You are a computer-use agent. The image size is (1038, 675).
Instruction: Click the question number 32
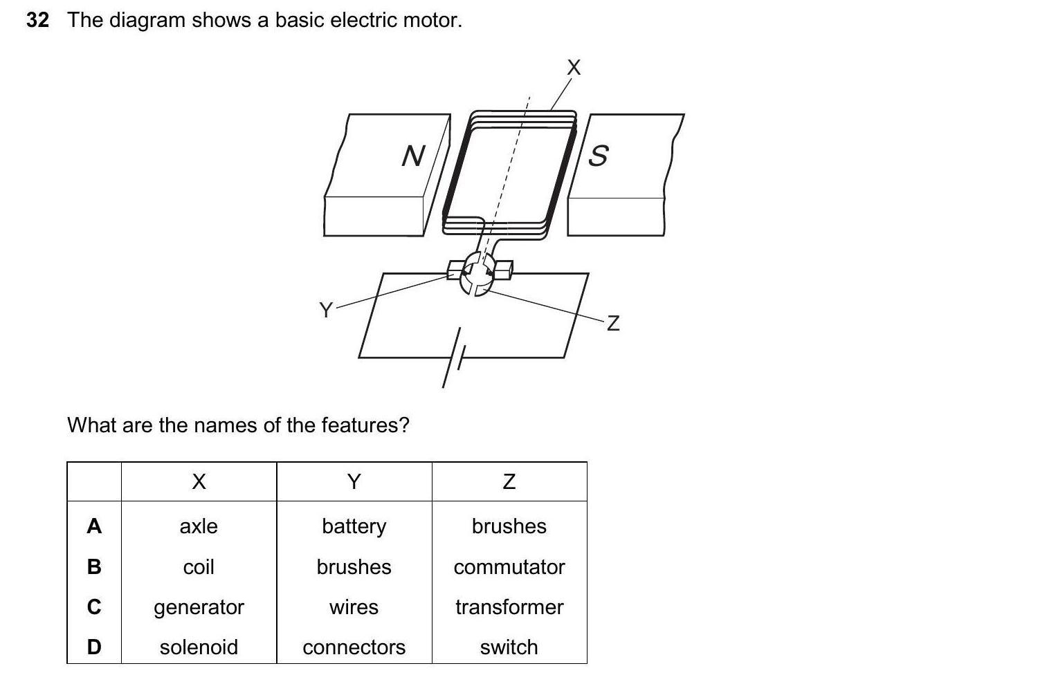37,20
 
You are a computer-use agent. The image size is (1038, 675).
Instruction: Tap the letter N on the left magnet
413,156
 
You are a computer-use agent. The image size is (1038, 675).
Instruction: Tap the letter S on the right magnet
598,156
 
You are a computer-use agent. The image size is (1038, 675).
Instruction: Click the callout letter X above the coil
574,68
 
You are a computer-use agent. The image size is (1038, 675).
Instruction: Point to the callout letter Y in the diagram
325,309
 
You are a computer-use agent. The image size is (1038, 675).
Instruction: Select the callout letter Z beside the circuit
613,323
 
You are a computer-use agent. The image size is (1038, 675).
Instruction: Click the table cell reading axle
199,526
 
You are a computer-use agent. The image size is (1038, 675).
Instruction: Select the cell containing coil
199,567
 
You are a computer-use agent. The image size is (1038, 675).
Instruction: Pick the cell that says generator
199,607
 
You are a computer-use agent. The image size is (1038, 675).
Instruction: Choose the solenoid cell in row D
199,647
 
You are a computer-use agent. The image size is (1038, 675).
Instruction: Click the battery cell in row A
354,526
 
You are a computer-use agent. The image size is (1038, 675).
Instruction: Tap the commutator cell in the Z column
509,567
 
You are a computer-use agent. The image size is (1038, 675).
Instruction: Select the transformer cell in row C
509,607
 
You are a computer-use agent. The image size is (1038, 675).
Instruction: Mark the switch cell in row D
509,647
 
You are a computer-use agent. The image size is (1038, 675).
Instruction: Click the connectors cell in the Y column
354,647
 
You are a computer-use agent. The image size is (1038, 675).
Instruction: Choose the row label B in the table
94,567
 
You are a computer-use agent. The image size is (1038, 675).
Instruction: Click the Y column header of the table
354,481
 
